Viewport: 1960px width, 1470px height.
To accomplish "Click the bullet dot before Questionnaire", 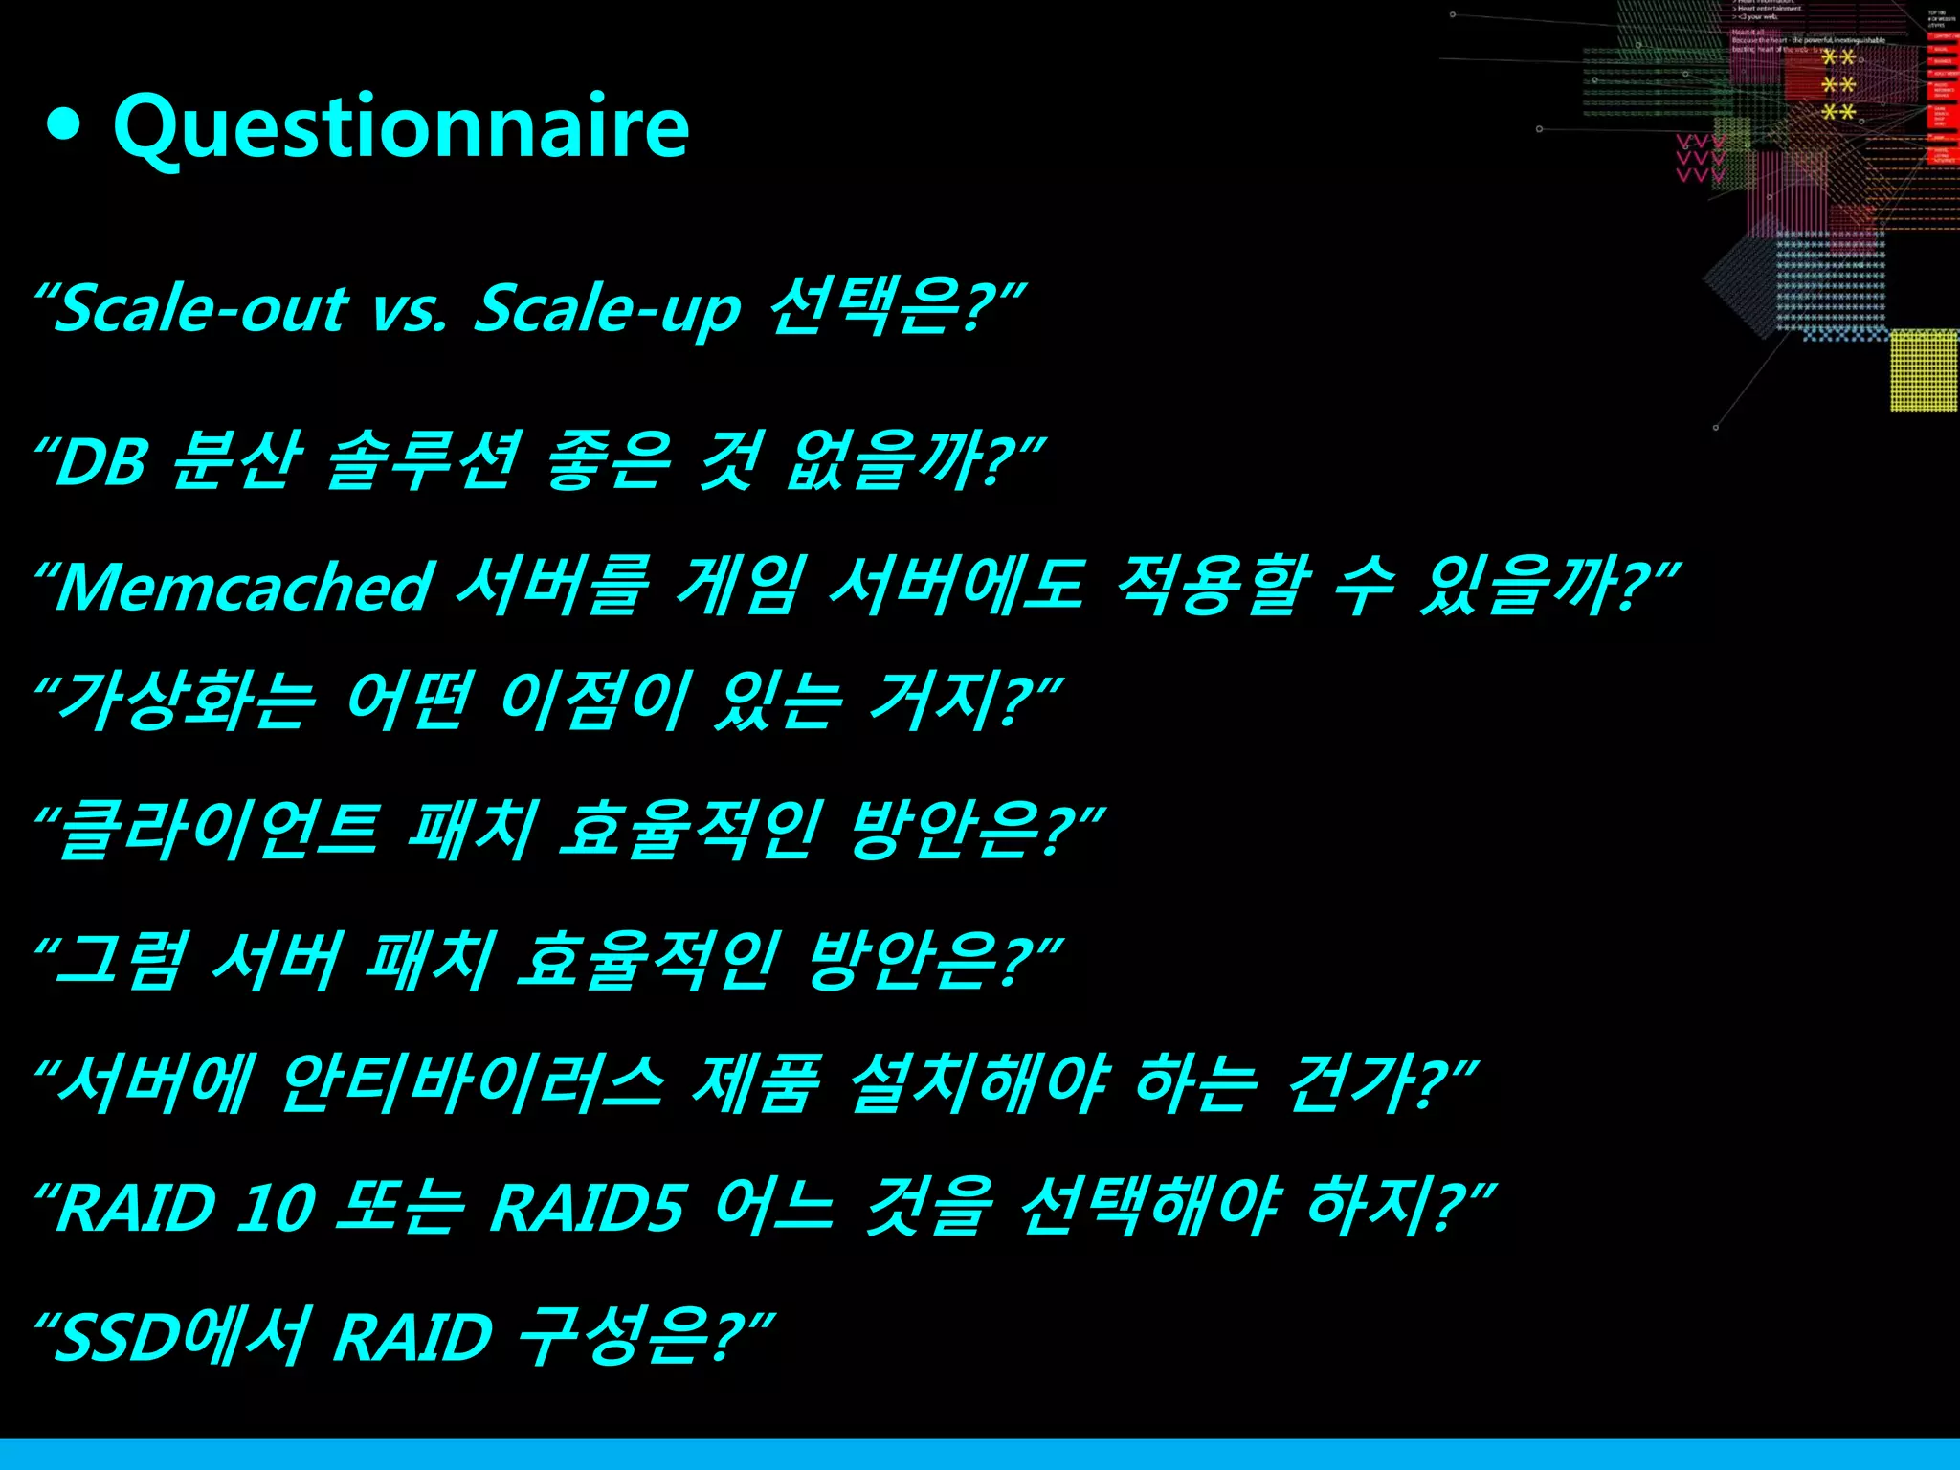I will (x=63, y=126).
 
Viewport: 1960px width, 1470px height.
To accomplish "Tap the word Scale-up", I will (x=608, y=309).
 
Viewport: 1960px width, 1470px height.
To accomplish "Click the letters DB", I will (x=101, y=462).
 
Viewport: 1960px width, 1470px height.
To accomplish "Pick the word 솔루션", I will (x=425, y=460).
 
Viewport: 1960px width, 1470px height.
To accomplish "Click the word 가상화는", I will (x=187, y=701).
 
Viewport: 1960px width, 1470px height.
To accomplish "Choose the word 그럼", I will (x=120, y=960).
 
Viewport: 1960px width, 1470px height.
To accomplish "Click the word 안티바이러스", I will (x=472, y=1083).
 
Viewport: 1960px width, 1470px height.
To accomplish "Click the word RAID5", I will (x=587, y=1207).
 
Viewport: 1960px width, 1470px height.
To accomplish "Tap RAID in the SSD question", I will (x=412, y=1337).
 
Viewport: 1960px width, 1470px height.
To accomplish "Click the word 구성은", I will (x=617, y=1335).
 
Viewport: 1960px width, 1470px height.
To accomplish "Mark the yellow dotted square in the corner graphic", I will (x=1924, y=370).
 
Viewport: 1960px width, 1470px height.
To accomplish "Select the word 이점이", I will (x=593, y=701).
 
